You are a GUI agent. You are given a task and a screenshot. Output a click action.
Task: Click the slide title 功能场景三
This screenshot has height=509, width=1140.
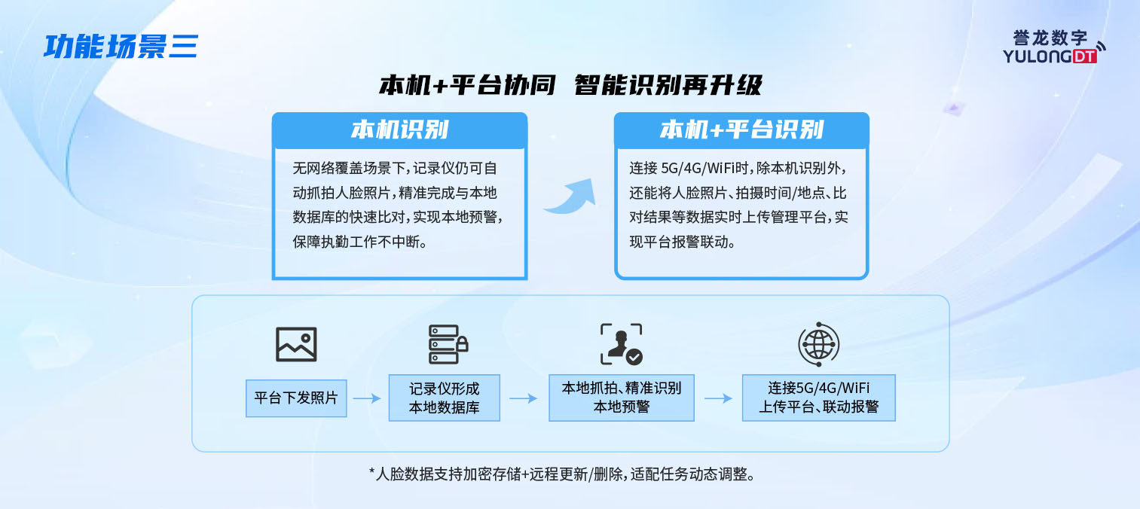tap(121, 47)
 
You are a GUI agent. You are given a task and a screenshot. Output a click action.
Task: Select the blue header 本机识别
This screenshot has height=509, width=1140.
tap(399, 130)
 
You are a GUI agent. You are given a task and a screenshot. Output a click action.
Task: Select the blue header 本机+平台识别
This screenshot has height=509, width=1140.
tap(741, 130)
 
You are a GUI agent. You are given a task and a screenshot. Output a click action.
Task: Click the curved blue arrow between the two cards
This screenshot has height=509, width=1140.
tap(570, 197)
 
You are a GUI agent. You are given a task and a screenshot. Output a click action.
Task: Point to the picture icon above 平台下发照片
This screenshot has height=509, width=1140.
tap(296, 344)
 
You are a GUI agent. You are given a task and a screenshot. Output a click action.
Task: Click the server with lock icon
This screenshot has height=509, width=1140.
tap(448, 344)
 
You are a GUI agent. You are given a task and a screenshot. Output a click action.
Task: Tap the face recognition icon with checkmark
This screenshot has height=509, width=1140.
tap(622, 344)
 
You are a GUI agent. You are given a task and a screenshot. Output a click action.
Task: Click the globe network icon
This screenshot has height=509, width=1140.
tap(818, 344)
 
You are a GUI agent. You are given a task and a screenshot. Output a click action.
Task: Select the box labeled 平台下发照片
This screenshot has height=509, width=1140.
tap(296, 398)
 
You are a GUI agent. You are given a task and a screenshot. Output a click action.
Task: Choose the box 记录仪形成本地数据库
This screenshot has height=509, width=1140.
tap(445, 398)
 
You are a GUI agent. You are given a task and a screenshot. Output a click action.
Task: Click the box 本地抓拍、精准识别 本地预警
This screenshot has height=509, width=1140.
tap(622, 398)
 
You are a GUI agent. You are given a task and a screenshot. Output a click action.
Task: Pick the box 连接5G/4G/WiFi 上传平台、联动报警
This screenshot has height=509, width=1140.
tap(819, 398)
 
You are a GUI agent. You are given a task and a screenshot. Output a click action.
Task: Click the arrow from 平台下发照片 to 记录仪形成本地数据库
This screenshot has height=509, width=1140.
tap(367, 398)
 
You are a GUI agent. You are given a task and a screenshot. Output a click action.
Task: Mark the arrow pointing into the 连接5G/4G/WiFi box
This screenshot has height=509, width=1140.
tap(718, 398)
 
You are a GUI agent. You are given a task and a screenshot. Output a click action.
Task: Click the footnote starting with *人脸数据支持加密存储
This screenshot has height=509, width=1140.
tap(561, 474)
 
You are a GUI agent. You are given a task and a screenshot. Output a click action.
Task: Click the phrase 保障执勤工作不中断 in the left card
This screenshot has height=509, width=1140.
tap(360, 242)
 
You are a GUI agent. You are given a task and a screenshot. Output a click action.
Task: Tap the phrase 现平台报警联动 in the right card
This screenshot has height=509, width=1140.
tap(682, 242)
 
